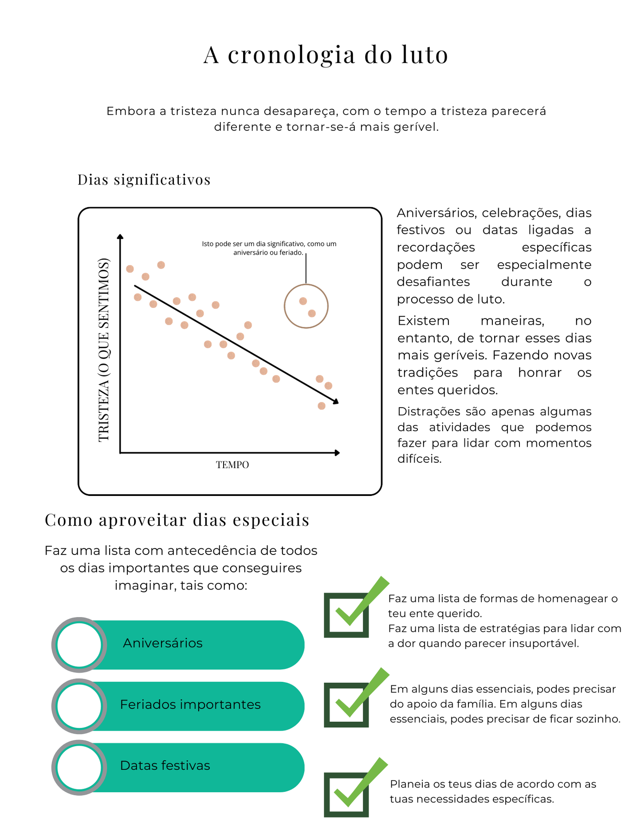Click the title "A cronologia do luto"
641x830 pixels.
(326, 55)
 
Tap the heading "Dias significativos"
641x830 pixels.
(144, 180)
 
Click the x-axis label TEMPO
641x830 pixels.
(232, 464)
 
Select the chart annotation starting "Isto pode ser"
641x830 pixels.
(269, 248)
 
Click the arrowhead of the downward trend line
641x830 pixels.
(336, 401)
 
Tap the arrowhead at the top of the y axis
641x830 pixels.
(120, 237)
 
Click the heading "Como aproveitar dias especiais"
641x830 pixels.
(177, 520)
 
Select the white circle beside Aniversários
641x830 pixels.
(79, 645)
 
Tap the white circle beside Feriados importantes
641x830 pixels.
(79, 706)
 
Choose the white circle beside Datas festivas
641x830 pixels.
(79, 767)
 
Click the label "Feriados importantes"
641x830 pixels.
(190, 704)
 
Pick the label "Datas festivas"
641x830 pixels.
(165, 765)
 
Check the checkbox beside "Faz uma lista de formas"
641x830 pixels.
(346, 615)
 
